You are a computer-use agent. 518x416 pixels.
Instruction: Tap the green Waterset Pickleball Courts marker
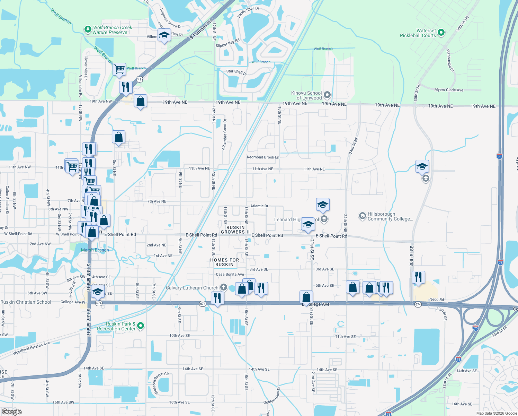441,33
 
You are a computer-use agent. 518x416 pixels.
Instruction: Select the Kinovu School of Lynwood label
306,95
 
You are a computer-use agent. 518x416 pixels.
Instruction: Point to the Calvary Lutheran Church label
192,288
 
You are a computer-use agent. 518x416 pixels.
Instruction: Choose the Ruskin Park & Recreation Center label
116,326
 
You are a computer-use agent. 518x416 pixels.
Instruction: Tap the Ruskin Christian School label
26,302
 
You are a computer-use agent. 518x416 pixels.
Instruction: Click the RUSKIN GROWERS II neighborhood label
235,230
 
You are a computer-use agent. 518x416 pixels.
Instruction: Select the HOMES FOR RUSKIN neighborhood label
224,262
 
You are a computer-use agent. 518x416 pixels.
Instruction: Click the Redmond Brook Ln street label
263,157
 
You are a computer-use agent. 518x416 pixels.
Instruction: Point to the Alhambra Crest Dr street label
225,135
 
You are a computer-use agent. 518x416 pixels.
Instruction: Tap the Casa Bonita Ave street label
230,274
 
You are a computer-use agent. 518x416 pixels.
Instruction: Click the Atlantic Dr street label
259,206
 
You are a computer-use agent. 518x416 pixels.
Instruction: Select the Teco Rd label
437,300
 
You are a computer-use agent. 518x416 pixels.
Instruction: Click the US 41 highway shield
140,79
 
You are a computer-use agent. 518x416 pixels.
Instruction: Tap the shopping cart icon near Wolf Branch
119,69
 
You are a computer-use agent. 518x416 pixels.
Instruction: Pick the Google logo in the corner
11,411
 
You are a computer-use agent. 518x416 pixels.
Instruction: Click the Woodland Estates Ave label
31,348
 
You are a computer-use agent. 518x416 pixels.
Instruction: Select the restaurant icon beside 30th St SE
418,277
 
